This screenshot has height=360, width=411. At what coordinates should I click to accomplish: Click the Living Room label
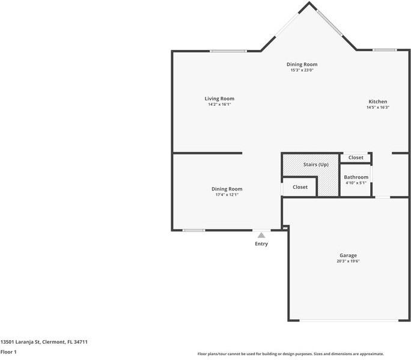click(x=219, y=99)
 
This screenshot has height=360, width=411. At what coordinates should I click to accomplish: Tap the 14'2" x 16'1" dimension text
click(x=219, y=105)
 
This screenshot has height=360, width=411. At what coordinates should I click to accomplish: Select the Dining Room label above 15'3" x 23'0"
click(x=302, y=64)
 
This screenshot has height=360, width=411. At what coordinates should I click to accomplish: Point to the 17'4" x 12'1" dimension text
click(x=227, y=195)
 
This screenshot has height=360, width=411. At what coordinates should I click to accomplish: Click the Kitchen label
click(x=378, y=102)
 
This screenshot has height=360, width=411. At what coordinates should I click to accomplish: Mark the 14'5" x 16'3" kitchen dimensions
click(x=378, y=108)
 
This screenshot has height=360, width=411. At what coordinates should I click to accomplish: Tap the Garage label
click(x=348, y=255)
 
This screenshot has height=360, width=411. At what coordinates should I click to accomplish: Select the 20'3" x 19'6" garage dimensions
click(x=348, y=261)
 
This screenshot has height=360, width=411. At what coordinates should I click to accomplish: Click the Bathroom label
click(x=356, y=177)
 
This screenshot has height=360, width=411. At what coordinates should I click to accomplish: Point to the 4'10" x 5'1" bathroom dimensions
click(x=356, y=183)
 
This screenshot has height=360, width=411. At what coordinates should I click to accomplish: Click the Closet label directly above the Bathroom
click(x=356, y=157)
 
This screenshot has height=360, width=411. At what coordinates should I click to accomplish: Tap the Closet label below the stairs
click(x=300, y=187)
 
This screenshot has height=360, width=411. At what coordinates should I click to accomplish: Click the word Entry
click(x=261, y=243)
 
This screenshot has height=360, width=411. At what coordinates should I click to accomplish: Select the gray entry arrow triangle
click(x=261, y=236)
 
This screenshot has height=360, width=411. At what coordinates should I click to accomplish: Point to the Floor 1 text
click(x=8, y=352)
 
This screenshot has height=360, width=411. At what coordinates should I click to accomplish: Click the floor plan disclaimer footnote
click(x=290, y=354)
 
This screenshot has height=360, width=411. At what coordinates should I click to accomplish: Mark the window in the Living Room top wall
click(x=228, y=51)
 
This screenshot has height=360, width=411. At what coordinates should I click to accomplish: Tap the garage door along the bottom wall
click(x=348, y=320)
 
